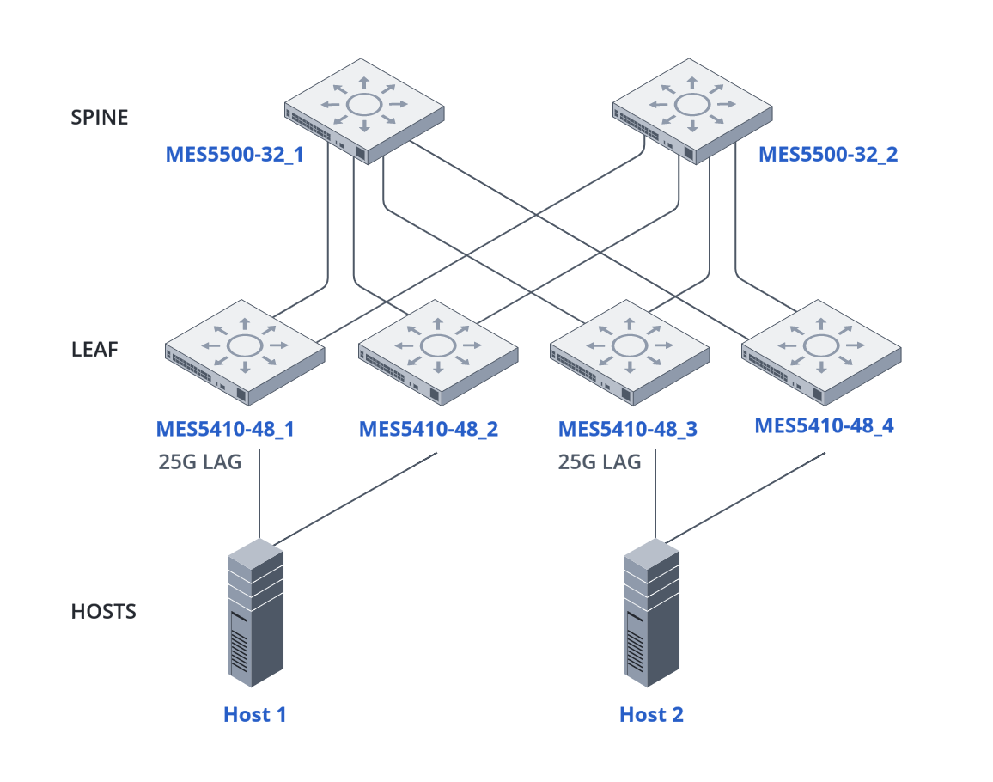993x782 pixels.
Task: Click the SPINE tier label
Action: point(99,117)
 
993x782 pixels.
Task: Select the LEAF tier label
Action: point(94,350)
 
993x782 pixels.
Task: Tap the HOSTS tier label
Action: point(103,612)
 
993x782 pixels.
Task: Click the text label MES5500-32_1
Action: point(235,156)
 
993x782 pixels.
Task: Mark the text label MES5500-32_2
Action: point(828,156)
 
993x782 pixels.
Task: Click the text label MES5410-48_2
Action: point(428,429)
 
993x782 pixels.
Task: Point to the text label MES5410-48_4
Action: point(824,425)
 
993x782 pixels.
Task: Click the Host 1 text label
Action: point(254,714)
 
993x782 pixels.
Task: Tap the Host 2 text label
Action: point(651,714)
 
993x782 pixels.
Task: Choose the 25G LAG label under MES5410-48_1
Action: point(200,461)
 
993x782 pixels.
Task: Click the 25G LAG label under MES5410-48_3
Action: point(600,461)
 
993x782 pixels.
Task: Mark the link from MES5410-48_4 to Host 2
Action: point(747,497)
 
